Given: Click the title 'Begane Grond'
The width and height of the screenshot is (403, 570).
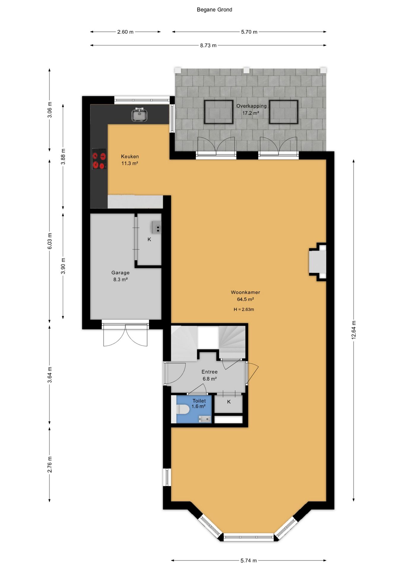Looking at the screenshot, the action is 214,9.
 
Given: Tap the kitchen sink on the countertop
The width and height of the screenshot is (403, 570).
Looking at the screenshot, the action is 139,115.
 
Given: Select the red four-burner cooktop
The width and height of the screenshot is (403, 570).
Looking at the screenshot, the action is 99,159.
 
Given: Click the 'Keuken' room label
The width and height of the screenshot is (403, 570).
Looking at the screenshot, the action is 130,156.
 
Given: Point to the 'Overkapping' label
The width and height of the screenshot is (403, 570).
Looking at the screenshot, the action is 251,106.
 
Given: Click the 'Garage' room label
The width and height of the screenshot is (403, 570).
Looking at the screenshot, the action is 120,273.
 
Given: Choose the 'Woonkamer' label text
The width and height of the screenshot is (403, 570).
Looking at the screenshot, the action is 245,292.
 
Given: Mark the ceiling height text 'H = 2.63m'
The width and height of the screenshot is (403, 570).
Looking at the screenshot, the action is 244,309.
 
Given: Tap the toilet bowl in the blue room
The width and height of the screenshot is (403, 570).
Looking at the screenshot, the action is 183,409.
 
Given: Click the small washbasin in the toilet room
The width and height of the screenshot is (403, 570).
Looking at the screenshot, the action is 204,419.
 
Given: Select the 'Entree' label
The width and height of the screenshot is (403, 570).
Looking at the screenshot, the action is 210,372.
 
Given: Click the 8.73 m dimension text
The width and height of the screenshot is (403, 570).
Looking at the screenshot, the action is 208,45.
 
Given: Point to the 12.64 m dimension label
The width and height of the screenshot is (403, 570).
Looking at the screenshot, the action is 353,330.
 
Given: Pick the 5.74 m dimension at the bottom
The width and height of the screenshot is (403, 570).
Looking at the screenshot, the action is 249,560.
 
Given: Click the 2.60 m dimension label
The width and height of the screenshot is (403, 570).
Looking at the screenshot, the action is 125,32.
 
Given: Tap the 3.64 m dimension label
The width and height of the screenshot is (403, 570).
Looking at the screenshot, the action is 50,375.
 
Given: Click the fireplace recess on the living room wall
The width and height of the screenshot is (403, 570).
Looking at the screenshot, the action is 318,262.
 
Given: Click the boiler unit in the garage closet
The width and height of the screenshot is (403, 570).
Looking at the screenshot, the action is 156,227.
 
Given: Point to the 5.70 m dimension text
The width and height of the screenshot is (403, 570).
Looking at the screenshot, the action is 249,32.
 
